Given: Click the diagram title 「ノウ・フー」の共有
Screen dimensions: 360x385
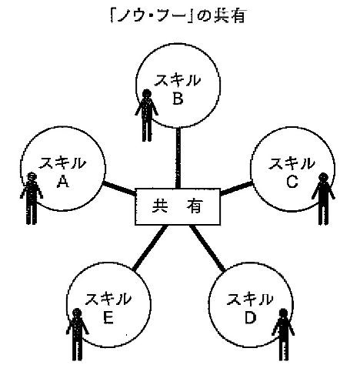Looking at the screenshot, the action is pyautogui.click(x=178, y=17).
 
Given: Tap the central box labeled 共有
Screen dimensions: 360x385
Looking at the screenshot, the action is pyautogui.click(x=178, y=206).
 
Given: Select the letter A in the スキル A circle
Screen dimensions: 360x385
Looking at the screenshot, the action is pyautogui.click(x=63, y=182).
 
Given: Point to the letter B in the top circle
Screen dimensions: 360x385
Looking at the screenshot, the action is pyautogui.click(x=178, y=99).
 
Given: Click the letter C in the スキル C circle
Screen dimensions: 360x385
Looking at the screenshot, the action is pyautogui.click(x=292, y=182).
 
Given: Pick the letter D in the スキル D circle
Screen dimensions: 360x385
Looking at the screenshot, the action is pyautogui.click(x=250, y=317).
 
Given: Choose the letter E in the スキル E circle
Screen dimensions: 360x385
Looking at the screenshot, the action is pyautogui.click(x=108, y=317).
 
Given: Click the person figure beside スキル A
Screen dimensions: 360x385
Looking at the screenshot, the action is pyautogui.click(x=32, y=198).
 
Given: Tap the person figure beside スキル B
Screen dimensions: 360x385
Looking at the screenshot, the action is pyautogui.click(x=147, y=115).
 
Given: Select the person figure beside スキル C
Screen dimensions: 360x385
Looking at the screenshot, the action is pyautogui.click(x=323, y=199).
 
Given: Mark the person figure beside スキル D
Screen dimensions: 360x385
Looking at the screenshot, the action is pyautogui.click(x=283, y=334).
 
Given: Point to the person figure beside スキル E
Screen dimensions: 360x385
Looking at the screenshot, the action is pyautogui.click(x=77, y=334).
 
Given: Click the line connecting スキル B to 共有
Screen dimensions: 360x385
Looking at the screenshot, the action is pyautogui.click(x=178, y=158).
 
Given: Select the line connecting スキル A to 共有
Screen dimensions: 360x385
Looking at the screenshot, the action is pyautogui.click(x=119, y=188).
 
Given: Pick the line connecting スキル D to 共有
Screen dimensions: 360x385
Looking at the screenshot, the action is pyautogui.click(x=207, y=249).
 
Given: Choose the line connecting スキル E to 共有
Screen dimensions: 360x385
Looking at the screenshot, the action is pyautogui.click(x=150, y=248).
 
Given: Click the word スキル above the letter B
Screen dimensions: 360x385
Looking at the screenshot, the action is pyautogui.click(x=178, y=80).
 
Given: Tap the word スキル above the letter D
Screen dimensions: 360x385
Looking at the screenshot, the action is pyautogui.click(x=250, y=300).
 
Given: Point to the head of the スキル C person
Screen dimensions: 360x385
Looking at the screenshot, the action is pyautogui.click(x=323, y=177).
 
